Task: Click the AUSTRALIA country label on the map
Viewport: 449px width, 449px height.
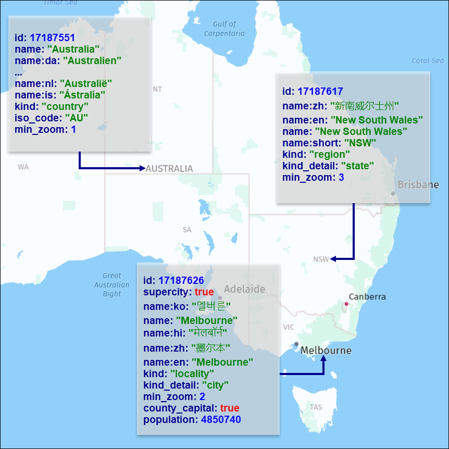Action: pyautogui.click(x=169, y=169)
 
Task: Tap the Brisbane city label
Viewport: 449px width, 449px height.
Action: pyautogui.click(x=418, y=185)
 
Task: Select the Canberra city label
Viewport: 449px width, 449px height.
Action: pyautogui.click(x=367, y=297)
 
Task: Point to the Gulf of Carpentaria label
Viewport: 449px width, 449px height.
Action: pyautogui.click(x=224, y=29)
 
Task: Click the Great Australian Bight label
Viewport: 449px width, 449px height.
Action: pyautogui.click(x=111, y=285)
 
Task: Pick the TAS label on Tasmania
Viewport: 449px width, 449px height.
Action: pyautogui.click(x=316, y=407)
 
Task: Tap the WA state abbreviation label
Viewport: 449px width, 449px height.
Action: pyautogui.click(x=23, y=167)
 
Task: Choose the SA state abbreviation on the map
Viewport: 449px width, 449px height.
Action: pyautogui.click(x=187, y=230)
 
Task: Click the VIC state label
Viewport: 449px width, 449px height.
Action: pyautogui.click(x=289, y=327)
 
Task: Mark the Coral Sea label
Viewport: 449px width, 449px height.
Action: pyautogui.click(x=428, y=60)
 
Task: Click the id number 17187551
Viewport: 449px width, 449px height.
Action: pyautogui.click(x=52, y=38)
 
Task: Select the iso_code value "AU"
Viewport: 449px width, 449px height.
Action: pyautogui.click(x=77, y=118)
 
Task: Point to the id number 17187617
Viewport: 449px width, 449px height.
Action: pyautogui.click(x=320, y=92)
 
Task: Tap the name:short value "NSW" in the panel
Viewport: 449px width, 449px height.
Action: pyautogui.click(x=360, y=143)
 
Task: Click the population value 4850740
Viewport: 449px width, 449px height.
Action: pyautogui.click(x=221, y=420)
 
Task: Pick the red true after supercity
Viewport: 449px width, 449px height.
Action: pyautogui.click(x=205, y=292)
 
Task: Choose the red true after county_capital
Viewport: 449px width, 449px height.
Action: pyautogui.click(x=230, y=408)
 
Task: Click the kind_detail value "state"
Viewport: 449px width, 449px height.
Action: pyautogui.click(x=357, y=166)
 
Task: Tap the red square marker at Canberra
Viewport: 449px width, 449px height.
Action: pyautogui.click(x=346, y=304)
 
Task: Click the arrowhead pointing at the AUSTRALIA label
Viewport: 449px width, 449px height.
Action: pyautogui.click(x=142, y=168)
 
